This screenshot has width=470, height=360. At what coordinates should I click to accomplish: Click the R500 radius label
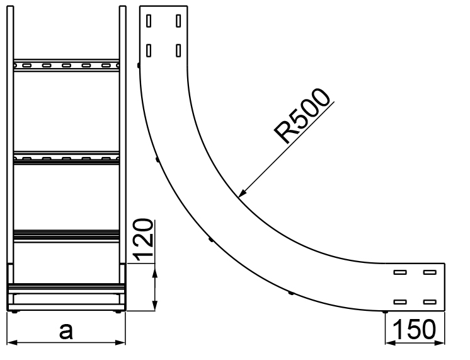click(302, 115)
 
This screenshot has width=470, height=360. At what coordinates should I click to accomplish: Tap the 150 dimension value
click(415, 329)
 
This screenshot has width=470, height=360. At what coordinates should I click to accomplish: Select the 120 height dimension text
click(143, 240)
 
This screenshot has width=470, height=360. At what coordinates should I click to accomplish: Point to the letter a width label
click(66, 331)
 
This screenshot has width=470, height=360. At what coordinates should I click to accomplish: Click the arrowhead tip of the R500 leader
click(239, 197)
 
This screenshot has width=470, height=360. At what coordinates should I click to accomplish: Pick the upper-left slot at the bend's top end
click(149, 21)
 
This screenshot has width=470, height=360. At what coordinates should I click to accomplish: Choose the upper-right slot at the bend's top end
click(178, 21)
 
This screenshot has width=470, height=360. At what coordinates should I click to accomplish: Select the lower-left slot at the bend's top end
click(149, 50)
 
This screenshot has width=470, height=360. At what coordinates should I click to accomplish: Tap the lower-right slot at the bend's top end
click(178, 50)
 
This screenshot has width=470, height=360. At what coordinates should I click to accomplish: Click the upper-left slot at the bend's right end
click(400, 272)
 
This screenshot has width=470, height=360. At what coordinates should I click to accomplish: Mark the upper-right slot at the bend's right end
click(430, 272)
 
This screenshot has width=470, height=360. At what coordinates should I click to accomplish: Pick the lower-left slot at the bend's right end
click(400, 302)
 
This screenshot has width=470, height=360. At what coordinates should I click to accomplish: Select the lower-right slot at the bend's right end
click(430, 302)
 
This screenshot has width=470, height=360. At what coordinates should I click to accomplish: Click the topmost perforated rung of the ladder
click(66, 65)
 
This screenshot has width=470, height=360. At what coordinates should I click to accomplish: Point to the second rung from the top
click(66, 158)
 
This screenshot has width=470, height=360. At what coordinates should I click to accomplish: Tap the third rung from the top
click(66, 236)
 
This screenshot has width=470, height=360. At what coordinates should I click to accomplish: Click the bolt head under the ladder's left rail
click(14, 312)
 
